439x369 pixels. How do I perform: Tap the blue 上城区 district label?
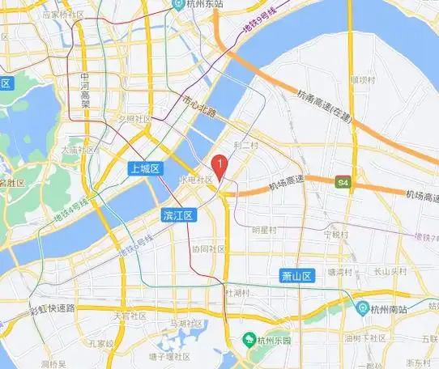tap(146, 168)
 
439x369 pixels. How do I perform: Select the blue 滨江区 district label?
tap(177, 215)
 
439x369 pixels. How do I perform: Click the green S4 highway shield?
tap(344, 182)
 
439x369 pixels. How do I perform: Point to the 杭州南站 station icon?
tap(360, 307)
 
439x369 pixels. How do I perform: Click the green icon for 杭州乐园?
tap(249, 340)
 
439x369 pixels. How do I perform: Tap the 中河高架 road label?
tap(85, 89)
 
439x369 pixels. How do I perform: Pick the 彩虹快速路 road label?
tap(51, 309)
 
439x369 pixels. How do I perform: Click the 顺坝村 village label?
tap(362, 79)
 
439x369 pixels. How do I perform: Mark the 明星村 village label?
tap(264, 231)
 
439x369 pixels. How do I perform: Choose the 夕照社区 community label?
tap(134, 119)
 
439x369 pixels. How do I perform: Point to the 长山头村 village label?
tap(389, 272)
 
